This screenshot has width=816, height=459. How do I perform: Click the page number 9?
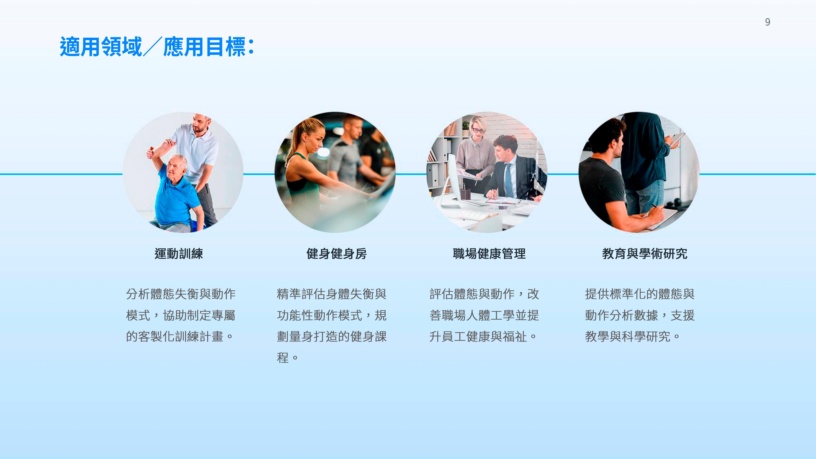pos(768,22)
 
